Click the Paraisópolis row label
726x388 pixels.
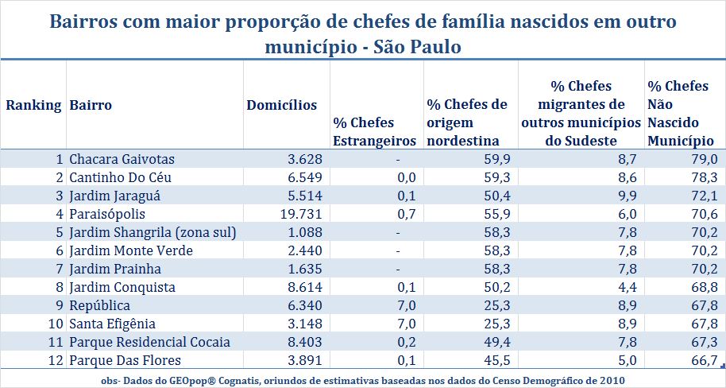tap(107, 214)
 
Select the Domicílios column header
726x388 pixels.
tap(282, 105)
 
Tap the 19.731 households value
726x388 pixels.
tap(295, 214)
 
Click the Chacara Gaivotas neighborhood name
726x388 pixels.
tap(122, 159)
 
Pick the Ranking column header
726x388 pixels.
tap(33, 105)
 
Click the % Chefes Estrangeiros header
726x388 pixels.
tap(374, 132)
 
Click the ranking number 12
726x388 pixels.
tap(55, 360)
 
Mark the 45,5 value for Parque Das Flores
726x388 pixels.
tap(494, 360)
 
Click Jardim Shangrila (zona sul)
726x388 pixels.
tap(153, 232)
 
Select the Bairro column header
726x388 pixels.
tap(91, 105)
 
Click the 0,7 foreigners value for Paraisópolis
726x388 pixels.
tap(407, 214)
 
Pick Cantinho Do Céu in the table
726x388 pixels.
tap(120, 177)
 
